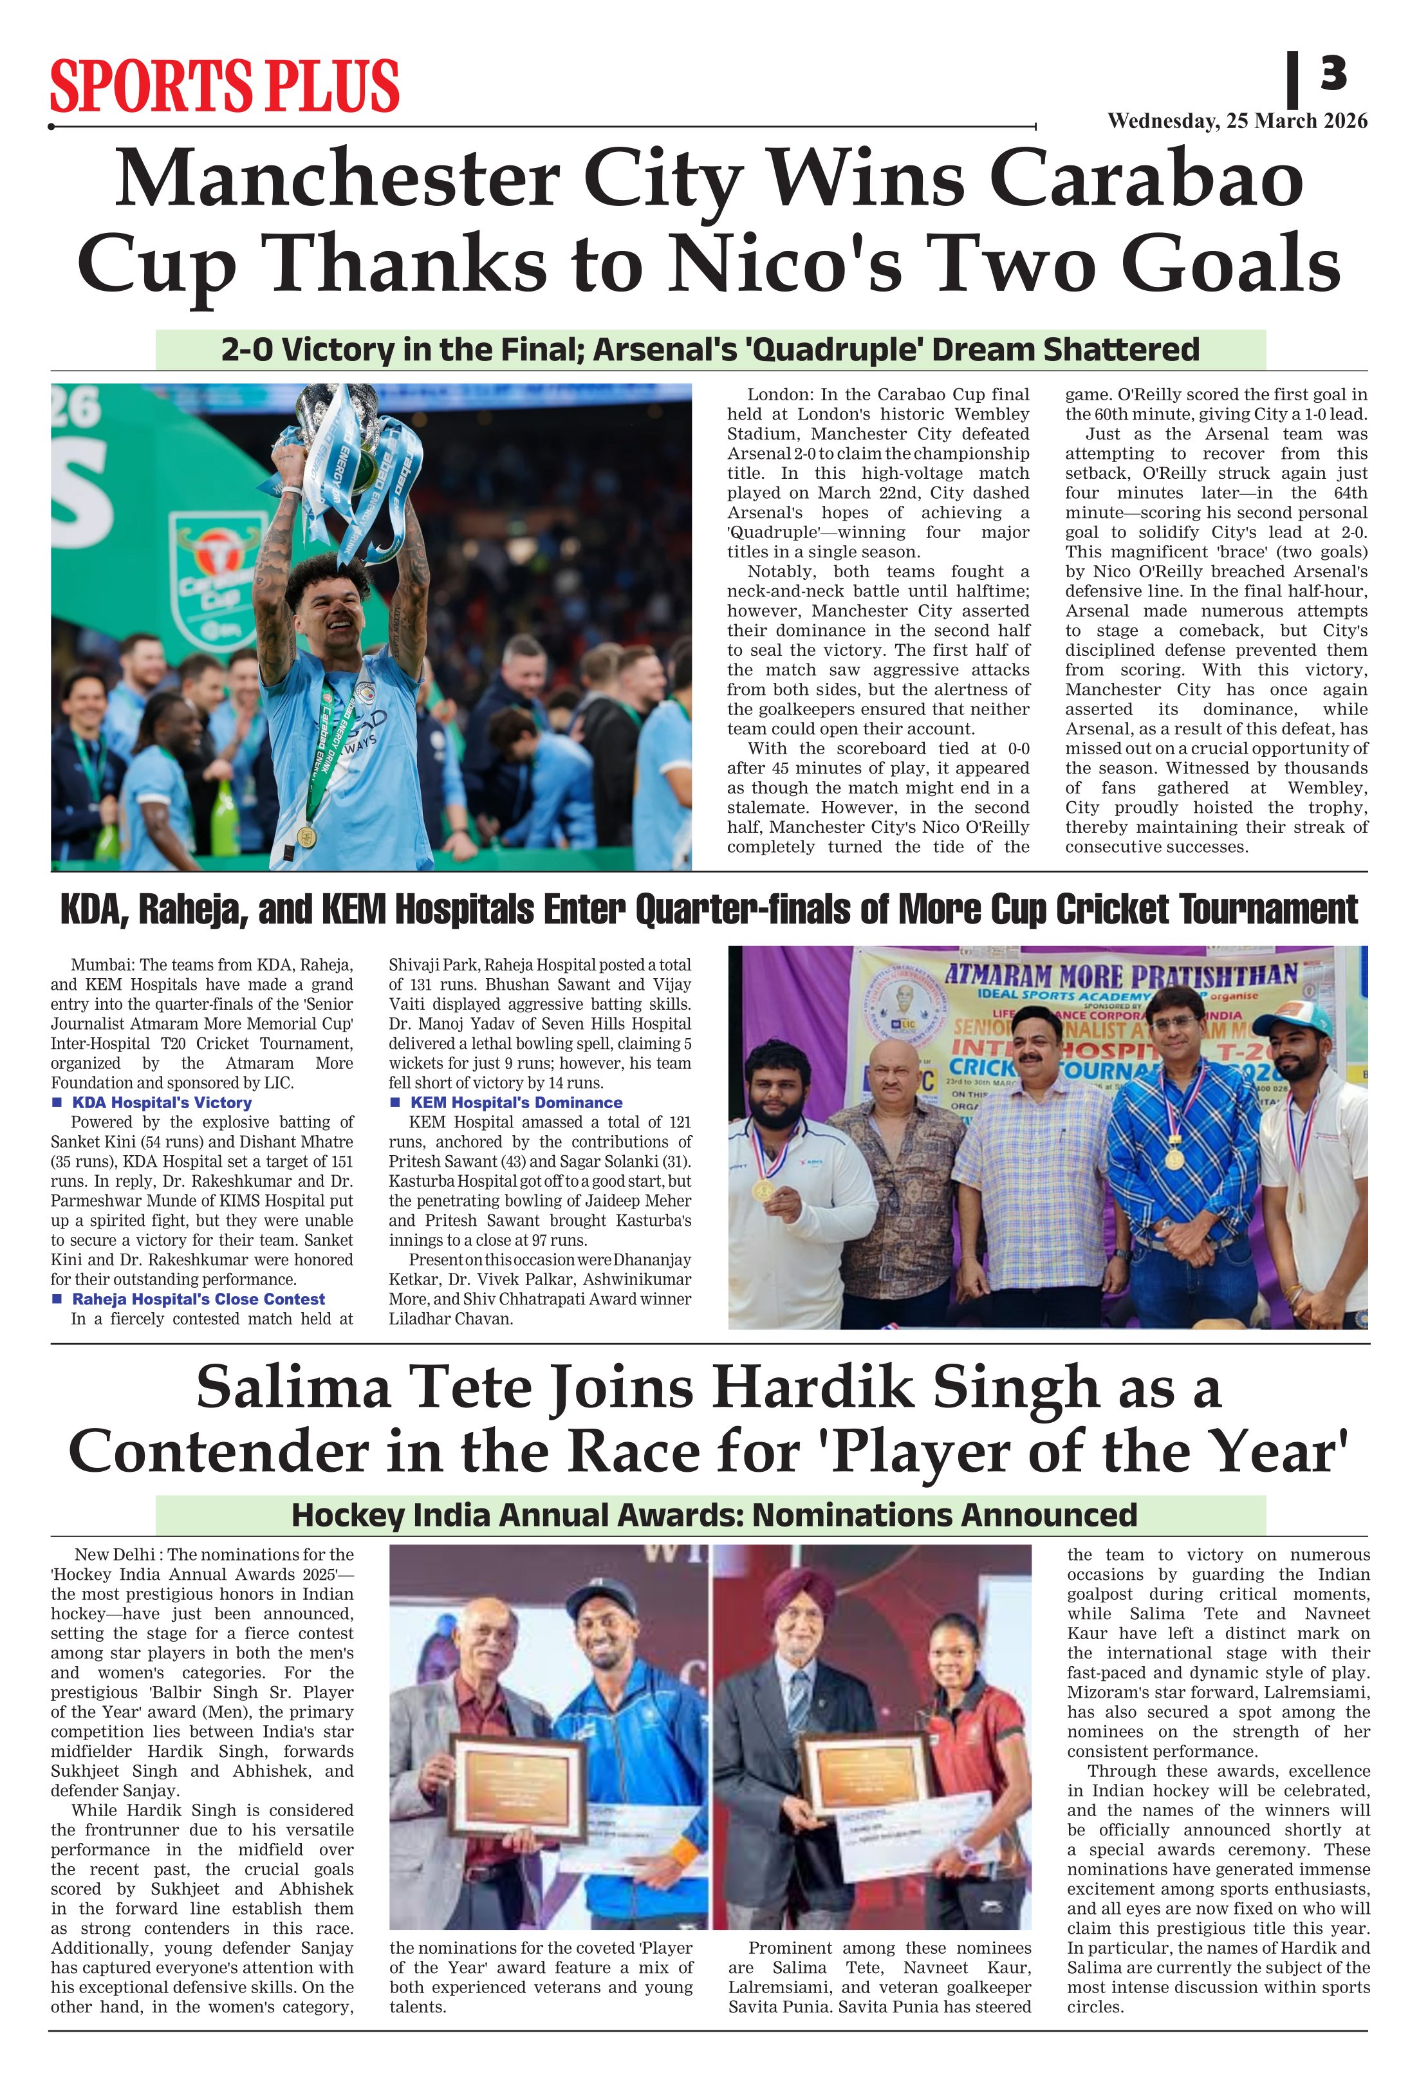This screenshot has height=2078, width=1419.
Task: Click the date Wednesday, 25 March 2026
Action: point(1237,122)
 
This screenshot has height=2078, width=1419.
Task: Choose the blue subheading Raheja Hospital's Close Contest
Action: point(198,1299)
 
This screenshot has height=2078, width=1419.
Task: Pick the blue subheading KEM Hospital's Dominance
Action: point(516,1102)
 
